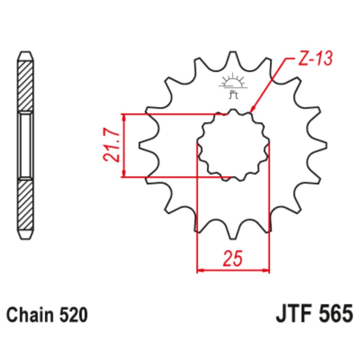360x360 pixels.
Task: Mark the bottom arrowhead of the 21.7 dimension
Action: [x=124, y=174]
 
